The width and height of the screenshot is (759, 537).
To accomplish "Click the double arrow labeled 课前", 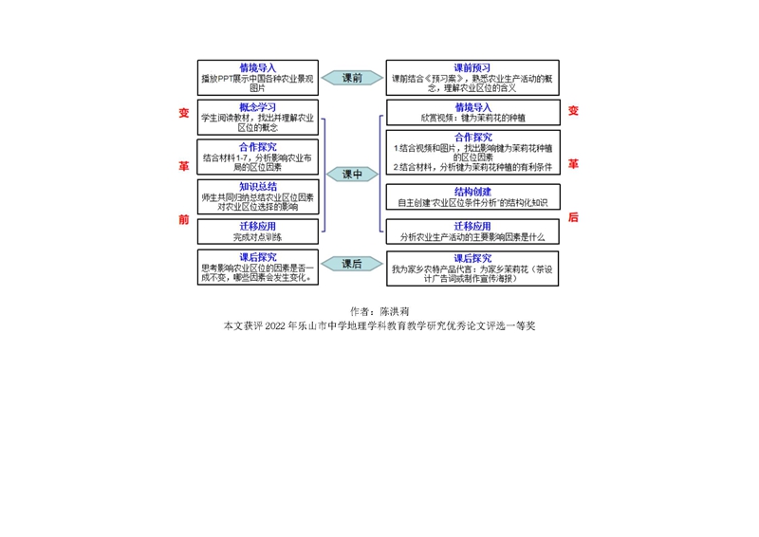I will (352, 78).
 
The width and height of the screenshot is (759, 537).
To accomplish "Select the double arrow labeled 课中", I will (352, 175).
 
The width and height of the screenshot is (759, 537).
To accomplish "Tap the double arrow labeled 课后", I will (352, 264).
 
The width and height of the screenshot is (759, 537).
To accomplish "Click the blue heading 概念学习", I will (258, 107).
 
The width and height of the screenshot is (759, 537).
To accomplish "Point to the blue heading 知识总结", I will (258, 187).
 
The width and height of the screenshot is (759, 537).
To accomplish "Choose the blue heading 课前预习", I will (472, 68).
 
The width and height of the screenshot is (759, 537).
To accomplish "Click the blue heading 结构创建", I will (472, 191).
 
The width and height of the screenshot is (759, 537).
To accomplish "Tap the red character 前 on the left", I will (184, 219).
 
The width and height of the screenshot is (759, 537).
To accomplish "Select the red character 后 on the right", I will (573, 217).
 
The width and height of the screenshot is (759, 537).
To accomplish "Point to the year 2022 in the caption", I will (276, 325).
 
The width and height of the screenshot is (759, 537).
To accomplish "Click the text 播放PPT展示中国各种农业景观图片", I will (258, 83).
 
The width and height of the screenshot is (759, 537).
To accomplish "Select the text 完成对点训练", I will (258, 236).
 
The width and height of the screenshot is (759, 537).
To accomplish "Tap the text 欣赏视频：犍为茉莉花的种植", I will (472, 119).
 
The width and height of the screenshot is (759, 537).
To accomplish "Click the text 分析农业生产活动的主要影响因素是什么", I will (472, 236).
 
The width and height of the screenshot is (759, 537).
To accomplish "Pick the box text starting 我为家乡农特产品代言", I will (472, 273).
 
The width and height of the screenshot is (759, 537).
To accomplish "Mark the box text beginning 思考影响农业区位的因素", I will (258, 273).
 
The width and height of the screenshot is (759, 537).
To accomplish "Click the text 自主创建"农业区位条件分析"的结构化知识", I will (472, 202).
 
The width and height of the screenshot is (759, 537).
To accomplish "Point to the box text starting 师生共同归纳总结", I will (258, 201).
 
